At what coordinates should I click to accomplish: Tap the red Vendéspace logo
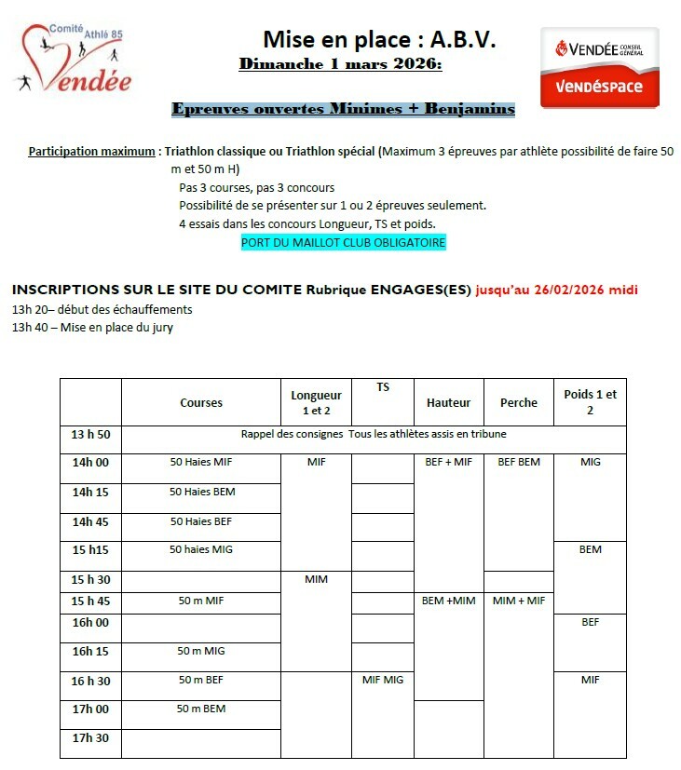[x=599, y=66]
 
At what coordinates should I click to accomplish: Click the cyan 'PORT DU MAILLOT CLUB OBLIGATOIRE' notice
[x=343, y=242]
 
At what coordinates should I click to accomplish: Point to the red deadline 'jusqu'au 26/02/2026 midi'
[x=556, y=289]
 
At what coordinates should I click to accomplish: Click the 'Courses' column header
[x=201, y=402]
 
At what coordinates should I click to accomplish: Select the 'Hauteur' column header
[x=448, y=402]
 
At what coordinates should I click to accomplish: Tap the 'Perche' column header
[x=519, y=402]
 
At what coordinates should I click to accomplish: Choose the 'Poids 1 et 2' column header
[x=590, y=401]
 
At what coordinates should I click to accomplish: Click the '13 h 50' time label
[x=90, y=434]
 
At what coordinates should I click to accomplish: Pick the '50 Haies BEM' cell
[x=201, y=491]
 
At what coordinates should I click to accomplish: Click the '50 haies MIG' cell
[x=201, y=549]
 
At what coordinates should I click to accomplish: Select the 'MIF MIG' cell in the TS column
[x=382, y=680]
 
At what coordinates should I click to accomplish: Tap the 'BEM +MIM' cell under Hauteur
[x=448, y=601]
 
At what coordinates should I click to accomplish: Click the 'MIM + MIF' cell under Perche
[x=519, y=601]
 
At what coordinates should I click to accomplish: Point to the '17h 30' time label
[x=90, y=737]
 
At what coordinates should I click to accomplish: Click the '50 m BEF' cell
[x=201, y=680]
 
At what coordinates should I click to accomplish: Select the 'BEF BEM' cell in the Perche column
[x=519, y=462]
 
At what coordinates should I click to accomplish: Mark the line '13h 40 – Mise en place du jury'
[x=92, y=327]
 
